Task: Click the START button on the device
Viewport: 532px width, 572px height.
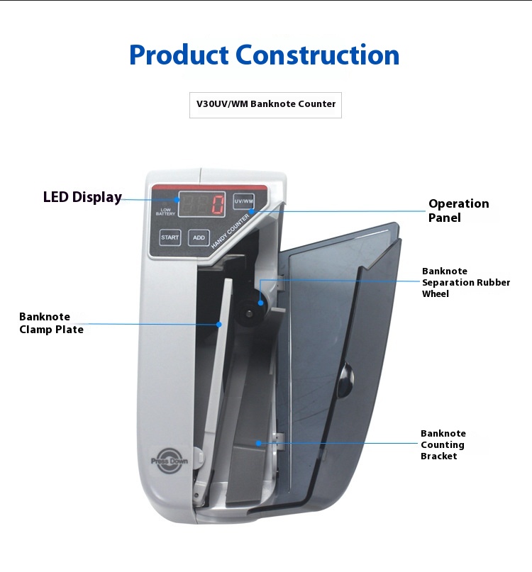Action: tap(170, 237)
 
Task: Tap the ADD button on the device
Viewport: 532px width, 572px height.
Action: tap(199, 237)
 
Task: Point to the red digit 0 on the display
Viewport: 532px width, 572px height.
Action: tap(217, 205)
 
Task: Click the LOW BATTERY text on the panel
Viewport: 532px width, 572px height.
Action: tap(165, 211)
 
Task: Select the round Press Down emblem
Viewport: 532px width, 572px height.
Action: tap(170, 459)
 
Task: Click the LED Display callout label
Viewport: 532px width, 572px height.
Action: tap(82, 197)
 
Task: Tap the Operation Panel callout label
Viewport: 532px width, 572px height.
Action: tap(458, 211)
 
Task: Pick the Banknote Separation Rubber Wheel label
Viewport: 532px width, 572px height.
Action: tap(465, 282)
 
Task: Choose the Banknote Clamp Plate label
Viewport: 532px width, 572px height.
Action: tap(51, 323)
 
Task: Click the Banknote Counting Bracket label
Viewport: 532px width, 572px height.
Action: tap(443, 444)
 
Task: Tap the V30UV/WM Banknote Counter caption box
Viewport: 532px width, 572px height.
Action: tap(266, 104)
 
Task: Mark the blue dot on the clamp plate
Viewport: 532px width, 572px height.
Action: tap(219, 324)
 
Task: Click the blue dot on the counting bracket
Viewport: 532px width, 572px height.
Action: tap(259, 443)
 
